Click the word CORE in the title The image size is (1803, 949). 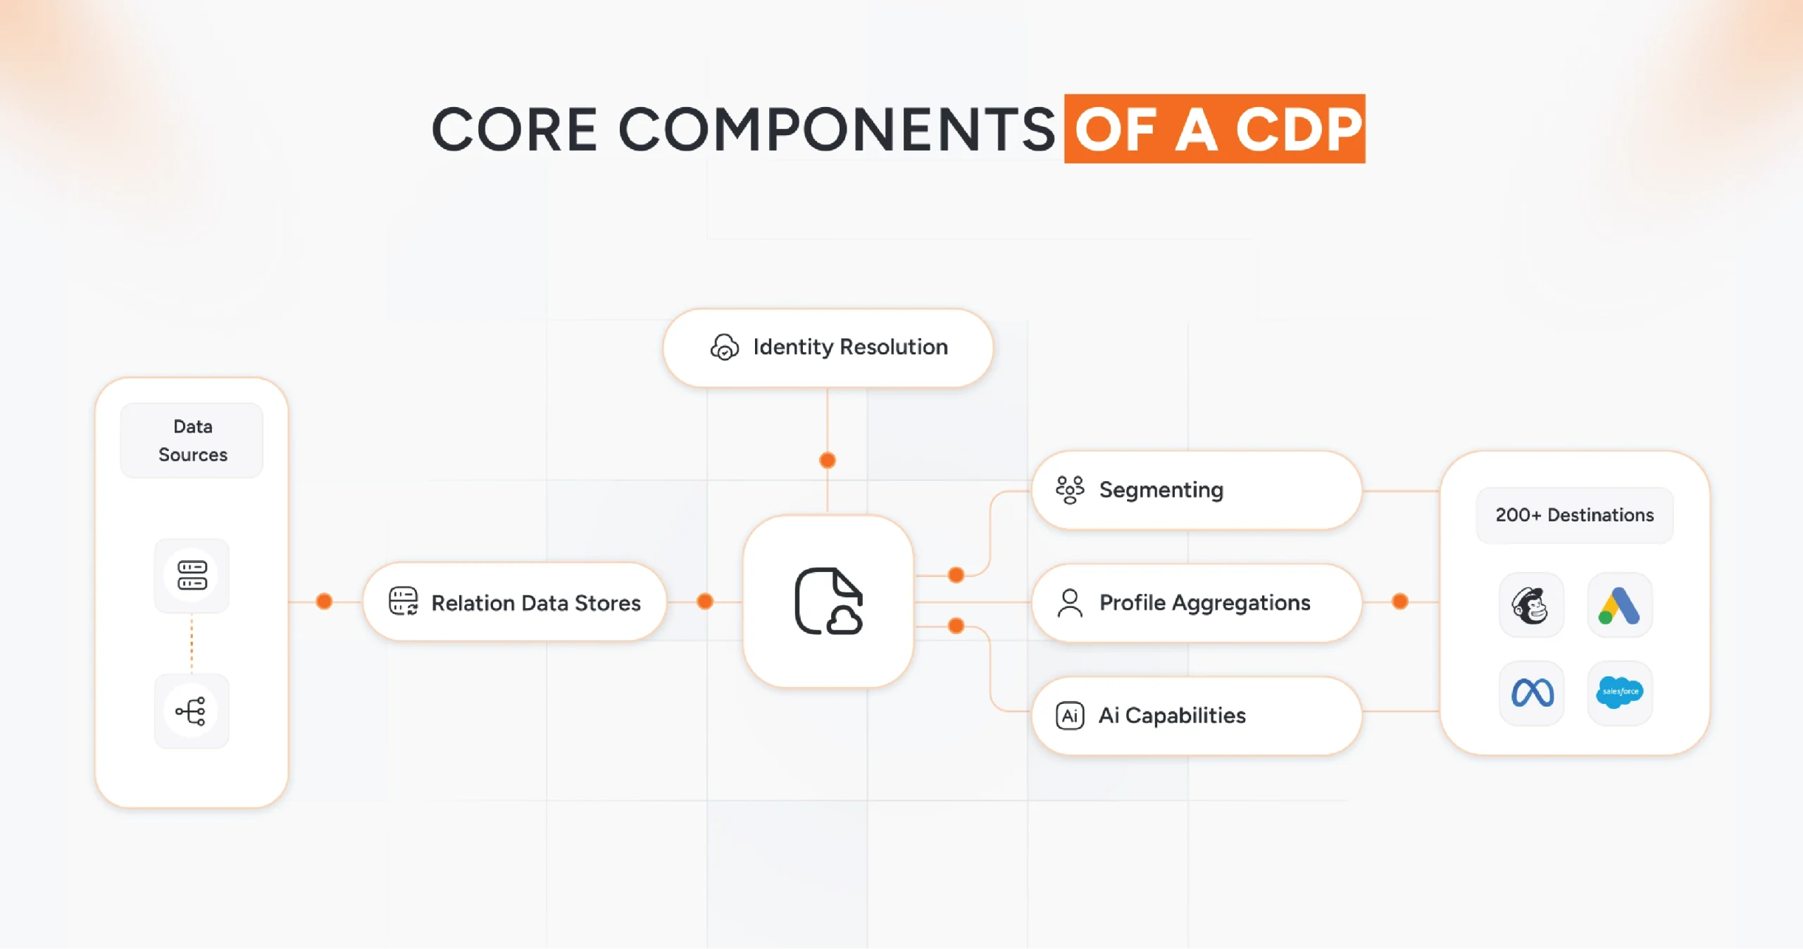[x=514, y=130]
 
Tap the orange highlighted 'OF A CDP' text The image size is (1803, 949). [x=1214, y=130]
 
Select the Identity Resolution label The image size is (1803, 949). [x=850, y=347]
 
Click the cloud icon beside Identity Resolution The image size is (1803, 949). [x=724, y=347]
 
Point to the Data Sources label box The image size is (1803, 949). [x=192, y=440]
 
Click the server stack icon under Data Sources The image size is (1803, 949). [x=192, y=575]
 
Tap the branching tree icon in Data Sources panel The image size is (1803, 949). [x=192, y=711]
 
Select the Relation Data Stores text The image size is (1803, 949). [x=535, y=603]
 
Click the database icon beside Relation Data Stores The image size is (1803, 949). [x=404, y=602]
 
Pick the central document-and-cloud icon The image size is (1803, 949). [x=828, y=602]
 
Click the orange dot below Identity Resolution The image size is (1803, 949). [x=828, y=460]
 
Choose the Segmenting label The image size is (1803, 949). [x=1161, y=490]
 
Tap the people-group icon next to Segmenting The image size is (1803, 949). [x=1069, y=490]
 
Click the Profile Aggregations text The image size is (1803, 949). [x=1204, y=602]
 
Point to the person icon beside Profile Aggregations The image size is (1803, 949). [x=1069, y=603]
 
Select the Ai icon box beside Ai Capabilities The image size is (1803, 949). [x=1069, y=716]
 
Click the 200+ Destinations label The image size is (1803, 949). [x=1574, y=515]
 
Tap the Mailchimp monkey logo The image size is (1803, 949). [x=1530, y=605]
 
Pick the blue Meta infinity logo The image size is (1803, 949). [x=1532, y=693]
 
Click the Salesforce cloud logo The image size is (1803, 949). [x=1619, y=692]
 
